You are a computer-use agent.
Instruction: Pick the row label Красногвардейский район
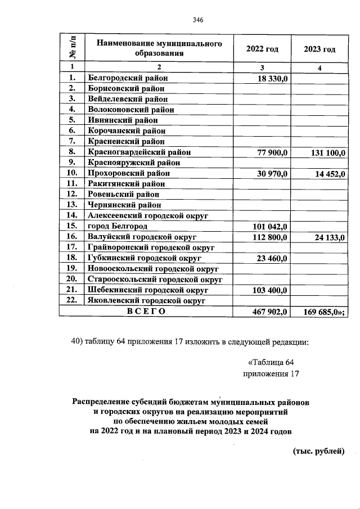click(x=138, y=152)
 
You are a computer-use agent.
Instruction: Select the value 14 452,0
click(x=329, y=174)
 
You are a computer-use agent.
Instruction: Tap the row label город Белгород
click(x=118, y=227)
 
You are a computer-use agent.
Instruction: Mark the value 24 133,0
click(x=329, y=237)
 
